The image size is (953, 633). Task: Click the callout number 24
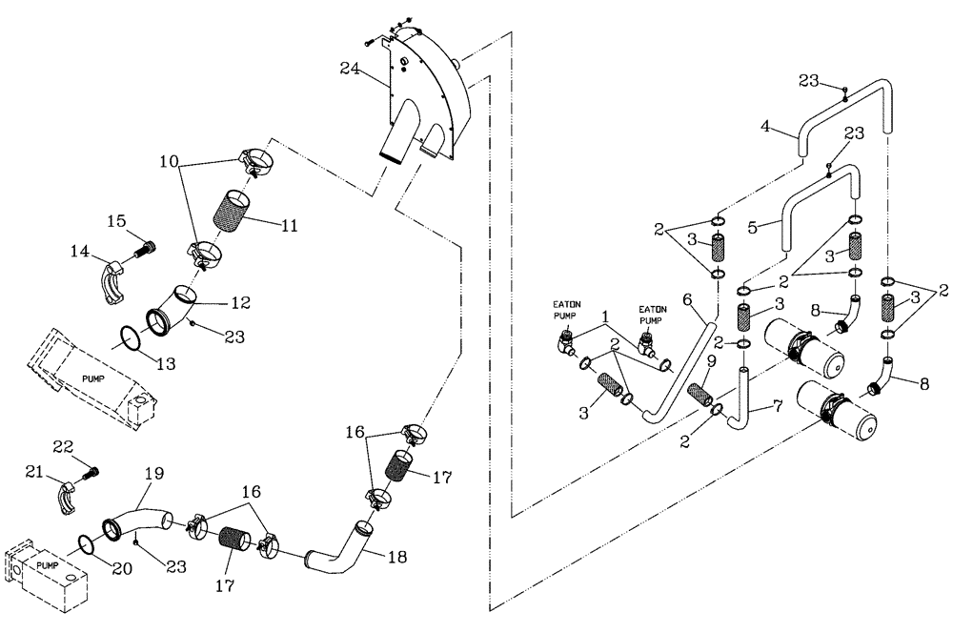click(x=350, y=68)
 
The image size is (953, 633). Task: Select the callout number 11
click(x=290, y=226)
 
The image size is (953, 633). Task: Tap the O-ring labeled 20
click(x=84, y=544)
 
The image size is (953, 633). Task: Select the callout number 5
click(x=753, y=228)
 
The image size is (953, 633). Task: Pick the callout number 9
click(x=710, y=360)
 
